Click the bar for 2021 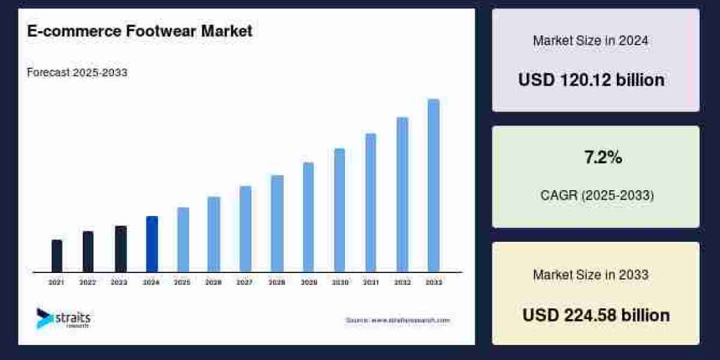57,256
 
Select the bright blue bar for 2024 152,244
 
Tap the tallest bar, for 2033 433,185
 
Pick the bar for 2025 183,239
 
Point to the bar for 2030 340,210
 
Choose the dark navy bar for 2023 121,249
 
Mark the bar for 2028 277,223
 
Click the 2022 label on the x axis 88,282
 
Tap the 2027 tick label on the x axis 245,282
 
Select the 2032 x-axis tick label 402,282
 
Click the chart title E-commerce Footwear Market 140,32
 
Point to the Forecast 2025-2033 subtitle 77,73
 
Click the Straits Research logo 63,318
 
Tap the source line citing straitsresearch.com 397,320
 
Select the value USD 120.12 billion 591,80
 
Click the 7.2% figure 603,158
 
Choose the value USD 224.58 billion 596,315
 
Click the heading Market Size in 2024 590,41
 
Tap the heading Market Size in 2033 590,275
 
